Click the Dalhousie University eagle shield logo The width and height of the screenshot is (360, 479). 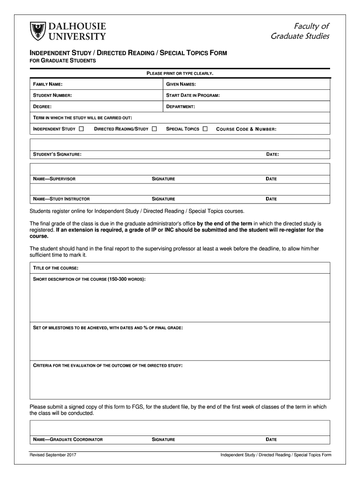(x=37, y=31)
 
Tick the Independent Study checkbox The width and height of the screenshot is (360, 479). (x=82, y=129)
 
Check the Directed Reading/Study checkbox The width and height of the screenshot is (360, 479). (x=154, y=129)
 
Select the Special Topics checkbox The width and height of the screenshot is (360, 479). (x=205, y=129)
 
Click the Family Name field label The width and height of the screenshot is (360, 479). (x=47, y=84)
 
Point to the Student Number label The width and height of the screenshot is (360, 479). (x=52, y=95)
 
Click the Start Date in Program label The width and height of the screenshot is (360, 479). (x=193, y=95)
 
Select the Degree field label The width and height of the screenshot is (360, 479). (x=42, y=107)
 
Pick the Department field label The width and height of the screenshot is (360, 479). (x=180, y=107)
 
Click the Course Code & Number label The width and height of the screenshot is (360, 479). (x=246, y=129)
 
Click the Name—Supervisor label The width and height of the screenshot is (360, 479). (x=54, y=179)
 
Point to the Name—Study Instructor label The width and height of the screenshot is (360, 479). (x=61, y=199)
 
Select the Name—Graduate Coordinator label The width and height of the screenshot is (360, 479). (x=67, y=439)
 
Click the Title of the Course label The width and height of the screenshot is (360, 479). (x=55, y=268)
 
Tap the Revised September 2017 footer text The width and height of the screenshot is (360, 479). (x=53, y=455)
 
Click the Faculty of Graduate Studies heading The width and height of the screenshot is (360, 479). (x=300, y=31)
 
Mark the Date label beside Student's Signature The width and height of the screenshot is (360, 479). (x=273, y=154)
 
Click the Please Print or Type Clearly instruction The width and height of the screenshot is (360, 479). (x=180, y=73)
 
